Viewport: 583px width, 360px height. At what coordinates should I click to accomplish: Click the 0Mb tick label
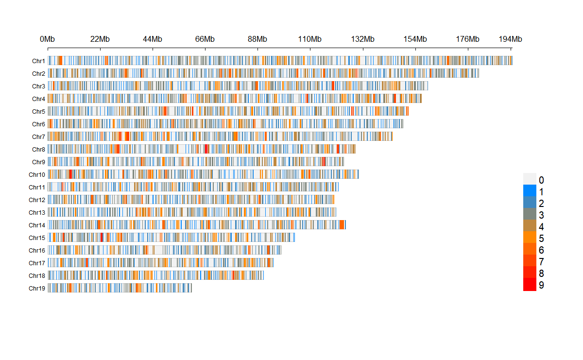[x=48, y=39]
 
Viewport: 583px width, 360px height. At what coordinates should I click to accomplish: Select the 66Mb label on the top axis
[x=205, y=39]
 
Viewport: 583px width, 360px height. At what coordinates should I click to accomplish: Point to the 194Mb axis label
[x=510, y=39]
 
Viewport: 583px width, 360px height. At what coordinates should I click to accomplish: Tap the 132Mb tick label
[x=363, y=39]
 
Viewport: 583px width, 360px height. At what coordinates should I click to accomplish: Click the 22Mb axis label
[x=100, y=39]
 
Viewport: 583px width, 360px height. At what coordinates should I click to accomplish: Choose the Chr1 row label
[x=38, y=61]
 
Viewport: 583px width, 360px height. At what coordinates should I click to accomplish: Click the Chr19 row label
[x=37, y=288]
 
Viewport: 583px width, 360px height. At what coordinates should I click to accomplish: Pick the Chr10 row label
[x=37, y=174]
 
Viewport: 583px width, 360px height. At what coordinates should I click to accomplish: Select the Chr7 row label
[x=38, y=137]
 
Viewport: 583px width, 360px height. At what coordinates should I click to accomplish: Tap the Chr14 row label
[x=37, y=225]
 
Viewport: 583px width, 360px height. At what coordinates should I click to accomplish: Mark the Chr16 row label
[x=37, y=250]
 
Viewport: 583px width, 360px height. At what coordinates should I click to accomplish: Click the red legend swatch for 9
[x=530, y=285]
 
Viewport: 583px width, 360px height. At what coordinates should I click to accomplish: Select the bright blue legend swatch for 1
[x=530, y=190]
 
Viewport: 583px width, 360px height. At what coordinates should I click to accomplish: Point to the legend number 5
[x=541, y=238]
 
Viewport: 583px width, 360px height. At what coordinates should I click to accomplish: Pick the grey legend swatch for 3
[x=530, y=214]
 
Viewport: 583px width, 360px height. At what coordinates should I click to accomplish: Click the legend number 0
[x=541, y=180]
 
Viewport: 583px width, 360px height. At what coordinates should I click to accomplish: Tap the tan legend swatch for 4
[x=530, y=226]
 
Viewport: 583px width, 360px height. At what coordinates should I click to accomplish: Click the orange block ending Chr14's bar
[x=343, y=224]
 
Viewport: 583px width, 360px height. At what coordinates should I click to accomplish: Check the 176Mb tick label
[x=468, y=39]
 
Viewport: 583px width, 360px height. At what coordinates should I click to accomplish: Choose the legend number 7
[x=541, y=262]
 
